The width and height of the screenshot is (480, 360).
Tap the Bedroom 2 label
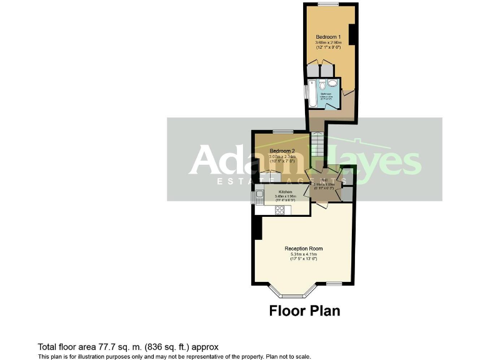click(282, 151)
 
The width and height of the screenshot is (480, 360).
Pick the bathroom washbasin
click(333, 85)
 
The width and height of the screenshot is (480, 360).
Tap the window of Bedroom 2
click(283, 131)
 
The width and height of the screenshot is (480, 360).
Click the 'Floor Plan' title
click(304, 311)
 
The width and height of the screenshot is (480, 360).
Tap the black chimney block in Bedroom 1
click(352, 34)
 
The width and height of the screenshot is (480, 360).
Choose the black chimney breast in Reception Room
click(257, 231)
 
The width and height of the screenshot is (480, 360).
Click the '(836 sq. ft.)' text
click(164, 346)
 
